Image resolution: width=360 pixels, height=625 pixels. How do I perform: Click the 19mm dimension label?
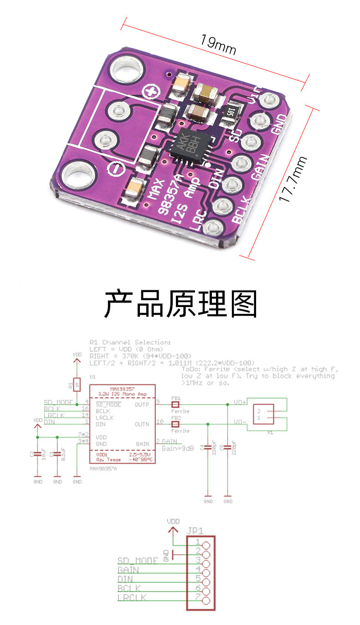[x=218, y=44]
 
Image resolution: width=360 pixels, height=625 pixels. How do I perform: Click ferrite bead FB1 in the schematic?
[x=175, y=404]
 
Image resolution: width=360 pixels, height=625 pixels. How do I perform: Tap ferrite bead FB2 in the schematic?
[x=175, y=424]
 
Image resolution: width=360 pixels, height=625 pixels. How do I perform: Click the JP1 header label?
[x=195, y=531]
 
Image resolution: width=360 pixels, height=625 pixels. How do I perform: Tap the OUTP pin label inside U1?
[x=142, y=404]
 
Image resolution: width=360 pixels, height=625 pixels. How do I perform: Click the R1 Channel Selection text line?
[x=130, y=342]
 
